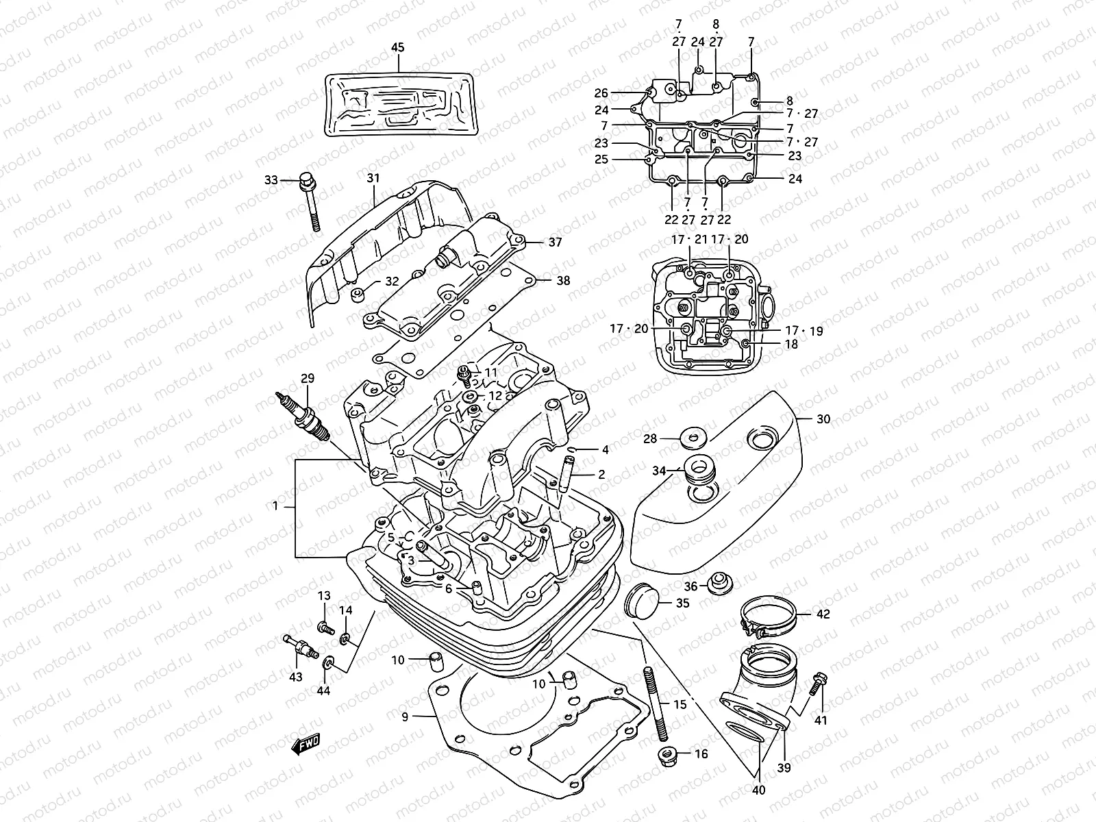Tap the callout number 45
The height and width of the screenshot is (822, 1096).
tap(397, 47)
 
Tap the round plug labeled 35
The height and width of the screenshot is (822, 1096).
tap(641, 599)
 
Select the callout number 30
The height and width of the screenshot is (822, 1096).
tap(823, 419)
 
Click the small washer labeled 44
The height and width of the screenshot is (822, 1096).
tap(328, 662)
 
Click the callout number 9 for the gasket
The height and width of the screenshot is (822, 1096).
tap(405, 717)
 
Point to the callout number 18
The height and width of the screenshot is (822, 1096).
tap(791, 345)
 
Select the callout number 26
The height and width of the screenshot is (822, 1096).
tap(601, 92)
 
